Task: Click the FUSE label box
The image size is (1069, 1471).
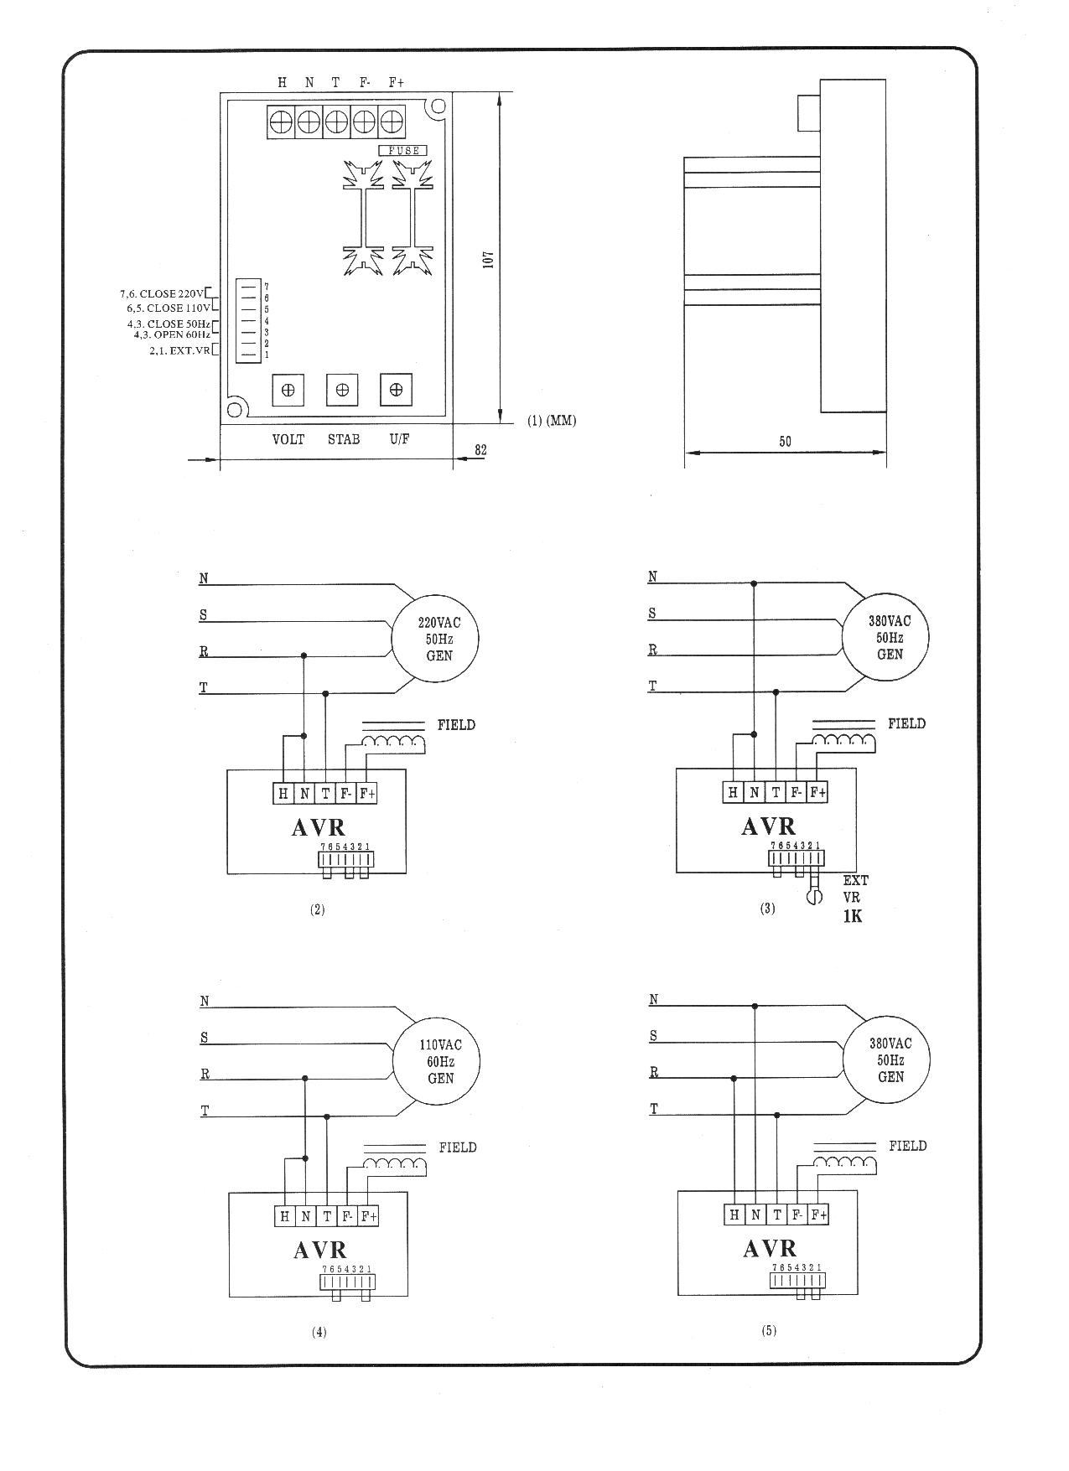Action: click(x=403, y=151)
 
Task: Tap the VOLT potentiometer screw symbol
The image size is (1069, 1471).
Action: click(x=288, y=390)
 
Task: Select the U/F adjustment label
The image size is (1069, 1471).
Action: click(x=400, y=439)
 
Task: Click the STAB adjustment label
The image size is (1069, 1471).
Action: click(x=344, y=439)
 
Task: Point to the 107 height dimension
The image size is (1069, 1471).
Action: click(x=489, y=259)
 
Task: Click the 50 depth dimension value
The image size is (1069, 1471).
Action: click(x=785, y=442)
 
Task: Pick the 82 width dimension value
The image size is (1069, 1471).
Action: click(x=481, y=450)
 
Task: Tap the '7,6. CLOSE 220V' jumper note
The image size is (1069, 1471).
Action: click(x=160, y=294)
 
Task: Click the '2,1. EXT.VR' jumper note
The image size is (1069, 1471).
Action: click(x=180, y=350)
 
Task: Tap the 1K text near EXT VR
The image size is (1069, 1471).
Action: click(x=853, y=916)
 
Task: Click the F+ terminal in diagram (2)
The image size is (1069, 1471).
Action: click(x=367, y=793)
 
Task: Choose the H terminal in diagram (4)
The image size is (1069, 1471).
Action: click(x=285, y=1216)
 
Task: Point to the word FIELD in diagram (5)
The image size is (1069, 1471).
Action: click(x=908, y=1146)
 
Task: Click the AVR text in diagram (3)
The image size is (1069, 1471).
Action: click(x=769, y=827)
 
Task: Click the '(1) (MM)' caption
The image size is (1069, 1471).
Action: click(x=552, y=421)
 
